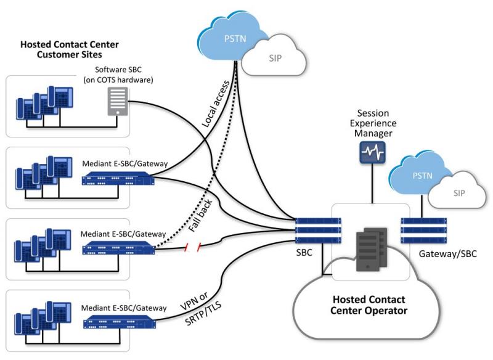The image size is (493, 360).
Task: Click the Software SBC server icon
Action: (118, 101)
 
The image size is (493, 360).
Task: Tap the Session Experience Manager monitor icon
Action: (373, 152)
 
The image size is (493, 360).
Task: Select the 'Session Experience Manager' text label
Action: (373, 123)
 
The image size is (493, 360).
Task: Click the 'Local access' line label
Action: (216, 104)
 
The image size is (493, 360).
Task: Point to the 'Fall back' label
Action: (200, 216)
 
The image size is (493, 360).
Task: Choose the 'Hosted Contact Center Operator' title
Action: (369, 305)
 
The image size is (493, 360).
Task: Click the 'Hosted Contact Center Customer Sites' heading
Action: (70, 49)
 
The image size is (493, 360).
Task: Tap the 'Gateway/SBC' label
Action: (448, 254)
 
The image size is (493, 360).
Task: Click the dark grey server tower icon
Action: (372, 250)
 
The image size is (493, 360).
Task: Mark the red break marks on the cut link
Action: (192, 247)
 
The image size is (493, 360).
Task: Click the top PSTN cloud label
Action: (235, 39)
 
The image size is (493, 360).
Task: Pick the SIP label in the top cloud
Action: (275, 58)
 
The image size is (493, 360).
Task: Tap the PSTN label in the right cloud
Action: (422, 176)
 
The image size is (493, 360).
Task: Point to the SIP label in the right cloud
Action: (459, 193)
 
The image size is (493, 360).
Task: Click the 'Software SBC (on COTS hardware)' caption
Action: (118, 75)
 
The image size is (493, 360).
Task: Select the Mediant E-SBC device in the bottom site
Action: (120, 322)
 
